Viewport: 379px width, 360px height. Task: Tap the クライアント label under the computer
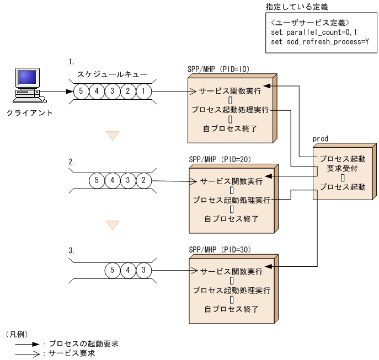click(30, 112)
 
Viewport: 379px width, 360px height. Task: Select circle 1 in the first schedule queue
click(143, 91)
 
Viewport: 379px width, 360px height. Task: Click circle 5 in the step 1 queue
click(81, 91)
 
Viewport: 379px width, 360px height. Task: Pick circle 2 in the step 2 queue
click(143, 180)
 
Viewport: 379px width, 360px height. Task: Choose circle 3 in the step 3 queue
click(143, 270)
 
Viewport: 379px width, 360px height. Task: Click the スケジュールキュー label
click(112, 72)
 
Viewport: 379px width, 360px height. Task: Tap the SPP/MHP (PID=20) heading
click(220, 159)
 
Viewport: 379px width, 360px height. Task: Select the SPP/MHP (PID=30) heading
click(220, 250)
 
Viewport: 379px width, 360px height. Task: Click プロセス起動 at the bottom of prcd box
click(342, 187)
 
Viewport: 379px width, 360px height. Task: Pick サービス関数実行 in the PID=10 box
click(230, 91)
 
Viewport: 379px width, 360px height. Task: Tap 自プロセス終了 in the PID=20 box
click(231, 219)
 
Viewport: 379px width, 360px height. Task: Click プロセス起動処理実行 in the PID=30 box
click(231, 290)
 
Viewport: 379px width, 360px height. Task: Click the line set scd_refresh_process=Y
click(320, 41)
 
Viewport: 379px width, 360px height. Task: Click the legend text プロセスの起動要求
click(83, 343)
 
